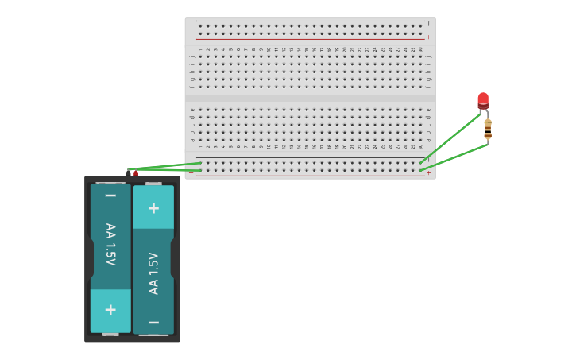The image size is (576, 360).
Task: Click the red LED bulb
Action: click(483, 99)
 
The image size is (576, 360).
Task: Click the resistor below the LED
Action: click(488, 129)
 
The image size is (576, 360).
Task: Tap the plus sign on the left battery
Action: click(110, 310)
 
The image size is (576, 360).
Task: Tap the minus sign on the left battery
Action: click(110, 195)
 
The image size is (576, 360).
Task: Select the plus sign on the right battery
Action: click(153, 208)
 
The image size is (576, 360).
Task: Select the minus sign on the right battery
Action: click(153, 322)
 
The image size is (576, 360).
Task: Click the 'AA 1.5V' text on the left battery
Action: click(110, 244)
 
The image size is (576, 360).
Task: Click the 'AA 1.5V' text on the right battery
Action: click(153, 273)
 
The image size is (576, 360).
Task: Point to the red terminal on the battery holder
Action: click(136, 172)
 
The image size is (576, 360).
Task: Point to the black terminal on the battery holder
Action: click(128, 172)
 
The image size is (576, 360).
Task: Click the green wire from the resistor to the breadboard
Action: click(453, 157)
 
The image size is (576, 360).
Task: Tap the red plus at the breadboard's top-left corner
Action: click(191, 37)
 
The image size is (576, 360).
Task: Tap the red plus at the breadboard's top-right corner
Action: click(428, 37)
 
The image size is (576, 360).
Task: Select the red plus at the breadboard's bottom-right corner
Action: click(428, 172)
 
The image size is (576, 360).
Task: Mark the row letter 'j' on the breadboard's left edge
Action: click(191, 56)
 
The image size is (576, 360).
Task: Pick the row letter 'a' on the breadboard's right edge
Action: click(428, 139)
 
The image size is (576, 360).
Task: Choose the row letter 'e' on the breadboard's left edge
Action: click(191, 110)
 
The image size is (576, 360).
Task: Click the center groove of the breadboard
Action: click(310, 99)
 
